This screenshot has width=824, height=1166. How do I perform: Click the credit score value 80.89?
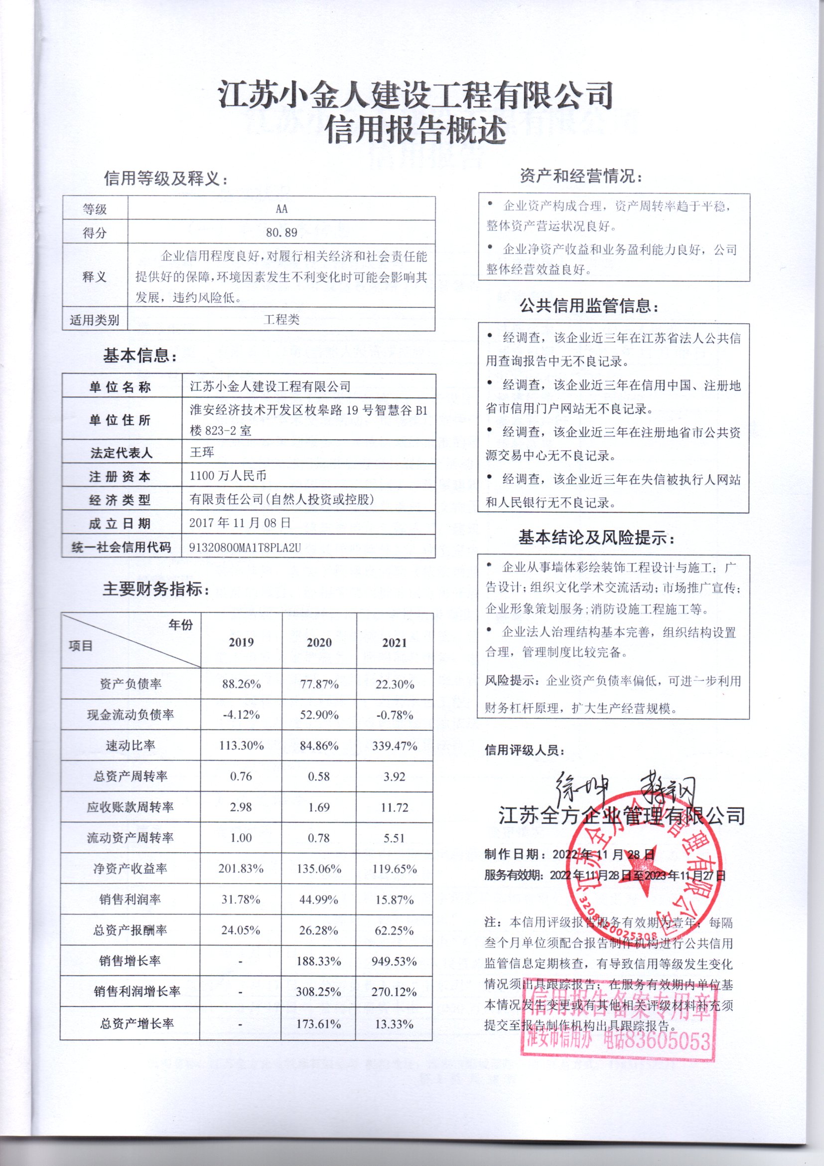coord(281,233)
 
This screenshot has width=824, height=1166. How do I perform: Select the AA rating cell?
coord(281,209)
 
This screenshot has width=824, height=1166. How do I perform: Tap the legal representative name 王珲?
coord(202,452)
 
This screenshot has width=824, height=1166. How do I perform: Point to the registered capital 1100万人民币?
coord(228,476)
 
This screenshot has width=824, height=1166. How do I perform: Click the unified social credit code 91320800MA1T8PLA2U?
coord(245,548)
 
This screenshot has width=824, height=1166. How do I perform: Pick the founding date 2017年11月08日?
coord(240,523)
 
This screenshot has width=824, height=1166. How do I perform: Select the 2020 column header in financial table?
coord(319,642)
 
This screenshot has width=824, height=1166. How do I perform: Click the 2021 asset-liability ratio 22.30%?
coord(395,685)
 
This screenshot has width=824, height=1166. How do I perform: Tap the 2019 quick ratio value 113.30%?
coord(242,746)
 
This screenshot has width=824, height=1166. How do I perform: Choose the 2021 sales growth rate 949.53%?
coord(394,962)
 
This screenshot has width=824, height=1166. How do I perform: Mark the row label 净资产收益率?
coord(131,869)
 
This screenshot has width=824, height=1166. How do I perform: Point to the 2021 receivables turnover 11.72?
coord(394,807)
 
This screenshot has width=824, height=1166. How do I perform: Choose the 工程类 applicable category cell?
coord(281,320)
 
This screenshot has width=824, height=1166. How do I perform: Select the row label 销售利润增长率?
coord(137,991)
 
